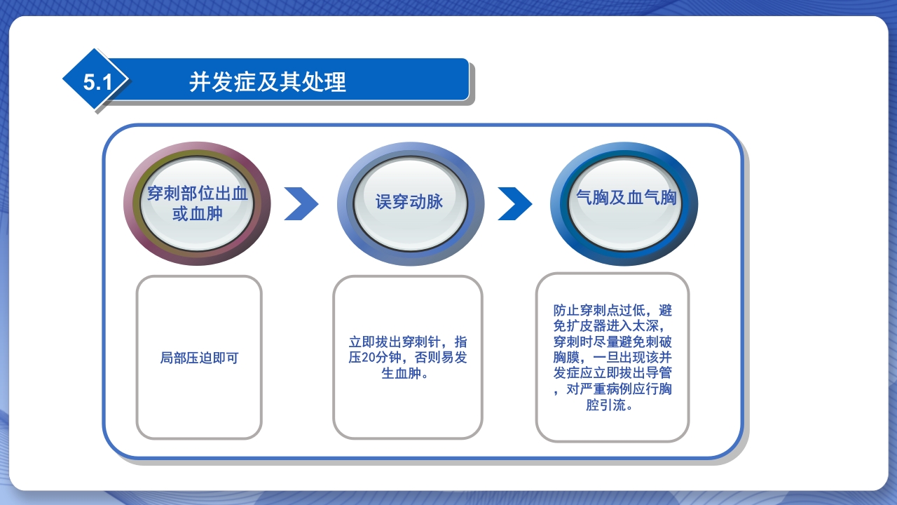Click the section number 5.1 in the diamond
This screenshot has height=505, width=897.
pos(97,82)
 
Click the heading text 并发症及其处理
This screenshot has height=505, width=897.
pos(268,82)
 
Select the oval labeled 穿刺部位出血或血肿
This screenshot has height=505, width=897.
pos(197,203)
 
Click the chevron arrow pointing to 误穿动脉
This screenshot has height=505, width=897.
pos(301,203)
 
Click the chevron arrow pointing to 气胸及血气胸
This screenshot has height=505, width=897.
pos(514,203)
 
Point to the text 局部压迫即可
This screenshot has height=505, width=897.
pos(199,358)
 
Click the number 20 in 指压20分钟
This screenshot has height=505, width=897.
pos(371,358)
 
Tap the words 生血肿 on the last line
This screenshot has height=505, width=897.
pos(399,373)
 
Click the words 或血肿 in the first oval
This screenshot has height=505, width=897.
pos(197,213)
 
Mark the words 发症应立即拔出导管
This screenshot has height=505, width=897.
pos(612,373)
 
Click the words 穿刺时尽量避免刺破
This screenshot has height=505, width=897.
pos(612,342)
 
